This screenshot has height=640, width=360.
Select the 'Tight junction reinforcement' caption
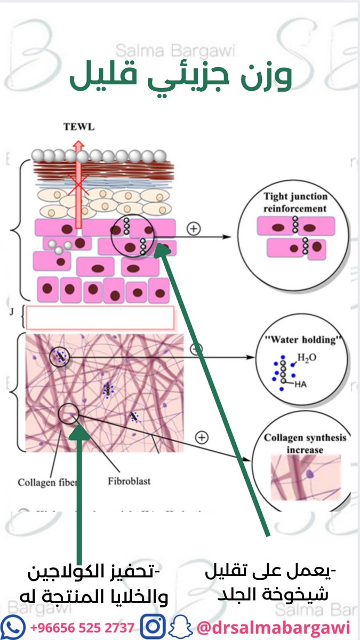tap(294, 202)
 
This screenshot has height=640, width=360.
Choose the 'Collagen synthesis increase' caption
tap(305, 444)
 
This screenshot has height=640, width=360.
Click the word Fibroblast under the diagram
tap(129, 481)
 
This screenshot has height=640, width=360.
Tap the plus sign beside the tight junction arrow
tap(194, 229)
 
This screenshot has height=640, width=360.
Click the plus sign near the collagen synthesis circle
tap(202, 438)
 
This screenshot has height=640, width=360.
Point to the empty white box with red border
tap(100, 317)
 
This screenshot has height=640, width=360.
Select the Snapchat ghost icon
tap(179, 625)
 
